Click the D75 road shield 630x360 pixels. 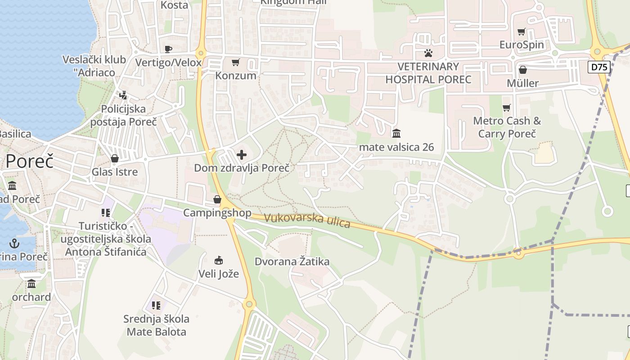[x=599, y=67]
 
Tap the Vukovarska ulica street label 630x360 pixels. [x=307, y=220]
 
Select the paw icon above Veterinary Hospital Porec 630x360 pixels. [x=428, y=54]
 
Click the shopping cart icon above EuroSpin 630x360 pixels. [x=522, y=32]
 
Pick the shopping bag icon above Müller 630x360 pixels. [x=523, y=70]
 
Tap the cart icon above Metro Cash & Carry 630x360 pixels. [x=507, y=108]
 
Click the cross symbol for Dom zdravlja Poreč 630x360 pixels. [x=242, y=155]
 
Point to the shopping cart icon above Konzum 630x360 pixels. [x=236, y=62]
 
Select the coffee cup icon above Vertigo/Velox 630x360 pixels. [x=168, y=49]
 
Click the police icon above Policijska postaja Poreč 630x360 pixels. [x=123, y=95]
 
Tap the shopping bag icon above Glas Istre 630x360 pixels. [x=115, y=158]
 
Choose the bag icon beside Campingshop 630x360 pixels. [x=217, y=199]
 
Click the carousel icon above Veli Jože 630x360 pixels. [x=219, y=260]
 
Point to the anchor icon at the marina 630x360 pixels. [x=15, y=243]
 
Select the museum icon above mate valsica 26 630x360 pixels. [x=396, y=133]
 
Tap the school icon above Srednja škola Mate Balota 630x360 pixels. [x=156, y=306]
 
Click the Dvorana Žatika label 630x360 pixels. [x=292, y=261]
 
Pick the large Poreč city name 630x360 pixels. [x=29, y=161]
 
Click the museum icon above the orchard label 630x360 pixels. [x=31, y=284]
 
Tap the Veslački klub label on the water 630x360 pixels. [x=89, y=66]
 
